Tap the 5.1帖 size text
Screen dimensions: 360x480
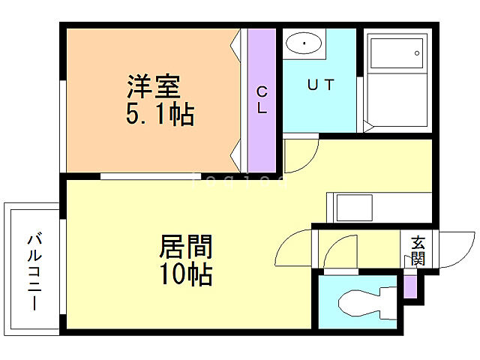(x=160, y=115)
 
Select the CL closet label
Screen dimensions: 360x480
(x=262, y=99)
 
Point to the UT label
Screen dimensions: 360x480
(x=319, y=84)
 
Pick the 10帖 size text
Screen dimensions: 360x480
(x=184, y=274)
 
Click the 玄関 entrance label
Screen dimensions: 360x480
(x=418, y=251)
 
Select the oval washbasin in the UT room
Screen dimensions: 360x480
(x=304, y=44)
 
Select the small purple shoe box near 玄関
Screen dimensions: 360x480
(x=409, y=285)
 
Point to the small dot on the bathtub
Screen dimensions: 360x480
(x=417, y=54)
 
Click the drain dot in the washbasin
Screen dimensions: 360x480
(x=304, y=44)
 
